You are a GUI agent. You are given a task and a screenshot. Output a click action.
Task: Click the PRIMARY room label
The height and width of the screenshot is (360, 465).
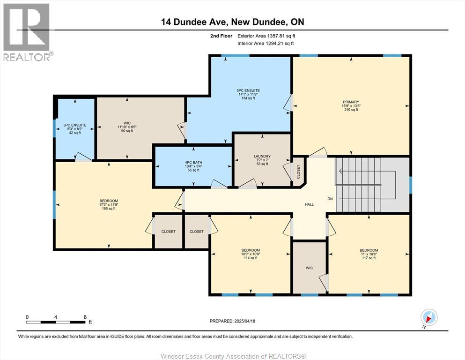coord(350,102)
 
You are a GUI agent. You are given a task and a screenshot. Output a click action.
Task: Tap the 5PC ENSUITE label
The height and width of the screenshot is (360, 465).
coord(248,90)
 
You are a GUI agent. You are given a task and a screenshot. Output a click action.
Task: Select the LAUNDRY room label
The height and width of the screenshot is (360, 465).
coord(262,157)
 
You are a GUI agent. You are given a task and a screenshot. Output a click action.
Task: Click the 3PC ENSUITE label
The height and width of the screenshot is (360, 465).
coord(75,125)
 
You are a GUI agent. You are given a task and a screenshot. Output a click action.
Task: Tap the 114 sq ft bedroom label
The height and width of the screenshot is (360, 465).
coord(251,250)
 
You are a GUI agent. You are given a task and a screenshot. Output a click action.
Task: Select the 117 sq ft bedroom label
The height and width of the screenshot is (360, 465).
coord(369,250)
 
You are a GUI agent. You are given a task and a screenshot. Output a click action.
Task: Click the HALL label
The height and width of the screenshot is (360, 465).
coord(309,204)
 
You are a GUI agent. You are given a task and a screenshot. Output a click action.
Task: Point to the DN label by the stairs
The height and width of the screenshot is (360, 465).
coord(330,199)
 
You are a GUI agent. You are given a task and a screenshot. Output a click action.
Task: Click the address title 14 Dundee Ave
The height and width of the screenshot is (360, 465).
coord(232,22)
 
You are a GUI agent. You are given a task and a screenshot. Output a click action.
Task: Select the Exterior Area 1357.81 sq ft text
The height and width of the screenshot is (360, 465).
coord(266,36)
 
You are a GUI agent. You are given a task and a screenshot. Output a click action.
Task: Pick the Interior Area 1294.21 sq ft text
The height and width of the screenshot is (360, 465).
coord(266,44)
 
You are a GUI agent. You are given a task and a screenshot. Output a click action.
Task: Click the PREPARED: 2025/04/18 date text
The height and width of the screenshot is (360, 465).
coord(232,321)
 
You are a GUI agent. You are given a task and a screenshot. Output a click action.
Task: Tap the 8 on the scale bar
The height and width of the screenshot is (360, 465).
coord(85,317)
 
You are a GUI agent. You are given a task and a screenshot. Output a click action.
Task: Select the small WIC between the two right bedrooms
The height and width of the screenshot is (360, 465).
coord(309,268)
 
